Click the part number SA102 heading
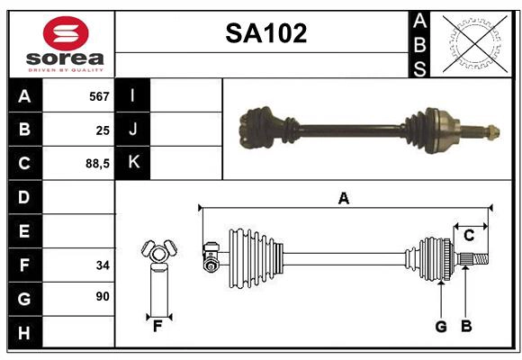(x=265, y=34)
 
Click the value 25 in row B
(x=102, y=130)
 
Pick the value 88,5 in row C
(x=96, y=165)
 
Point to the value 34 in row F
(x=102, y=265)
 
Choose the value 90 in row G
(x=102, y=296)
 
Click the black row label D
(x=24, y=197)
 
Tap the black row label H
(x=24, y=333)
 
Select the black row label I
(x=133, y=96)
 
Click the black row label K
(x=133, y=163)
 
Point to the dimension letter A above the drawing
(x=343, y=198)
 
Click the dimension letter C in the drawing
(x=469, y=236)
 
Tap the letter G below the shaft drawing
(x=441, y=327)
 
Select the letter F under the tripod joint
(x=157, y=327)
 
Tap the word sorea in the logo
(x=66, y=59)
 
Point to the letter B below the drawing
(x=466, y=327)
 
